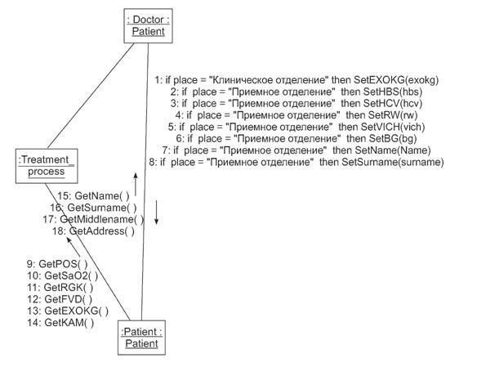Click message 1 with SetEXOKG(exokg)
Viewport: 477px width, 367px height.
click(296, 80)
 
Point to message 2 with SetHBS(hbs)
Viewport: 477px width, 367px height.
click(296, 92)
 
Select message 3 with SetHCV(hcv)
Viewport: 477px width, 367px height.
click(296, 104)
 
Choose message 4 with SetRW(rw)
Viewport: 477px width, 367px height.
click(296, 115)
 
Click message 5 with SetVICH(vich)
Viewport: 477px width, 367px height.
click(296, 127)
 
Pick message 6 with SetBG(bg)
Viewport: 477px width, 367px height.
click(296, 138)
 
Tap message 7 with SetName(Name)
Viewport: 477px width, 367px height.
click(296, 150)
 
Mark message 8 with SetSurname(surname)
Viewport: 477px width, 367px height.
click(296, 162)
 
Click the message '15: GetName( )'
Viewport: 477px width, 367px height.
click(93, 195)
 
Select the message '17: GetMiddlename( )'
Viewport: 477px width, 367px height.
click(93, 219)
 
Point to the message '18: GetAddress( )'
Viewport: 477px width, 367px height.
click(93, 231)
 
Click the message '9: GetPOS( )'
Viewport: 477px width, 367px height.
click(57, 263)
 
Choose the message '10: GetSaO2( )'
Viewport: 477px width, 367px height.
click(63, 275)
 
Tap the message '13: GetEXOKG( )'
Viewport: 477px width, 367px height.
click(68, 311)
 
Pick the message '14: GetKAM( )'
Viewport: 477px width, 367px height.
click(60, 322)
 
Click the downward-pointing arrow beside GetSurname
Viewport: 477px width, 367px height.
click(156, 213)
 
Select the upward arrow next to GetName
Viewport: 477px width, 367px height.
click(136, 185)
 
